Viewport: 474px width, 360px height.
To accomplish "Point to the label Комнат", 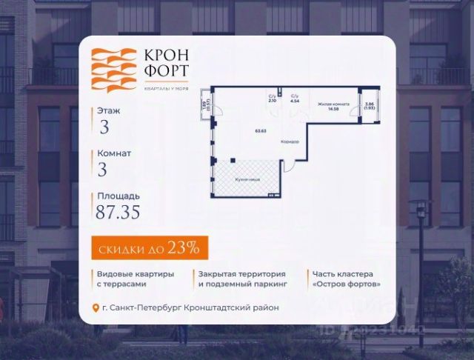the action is [113, 153].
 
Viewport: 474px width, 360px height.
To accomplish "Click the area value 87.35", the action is [118, 213].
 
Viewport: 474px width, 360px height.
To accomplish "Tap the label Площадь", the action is [117, 196].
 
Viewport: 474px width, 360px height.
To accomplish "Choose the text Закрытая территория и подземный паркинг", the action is [241, 279].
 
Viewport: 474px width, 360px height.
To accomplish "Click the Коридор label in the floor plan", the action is [290, 141].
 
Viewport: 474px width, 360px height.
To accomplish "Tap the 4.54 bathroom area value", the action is [294, 101].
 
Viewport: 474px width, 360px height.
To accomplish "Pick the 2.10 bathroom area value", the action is [272, 101].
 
